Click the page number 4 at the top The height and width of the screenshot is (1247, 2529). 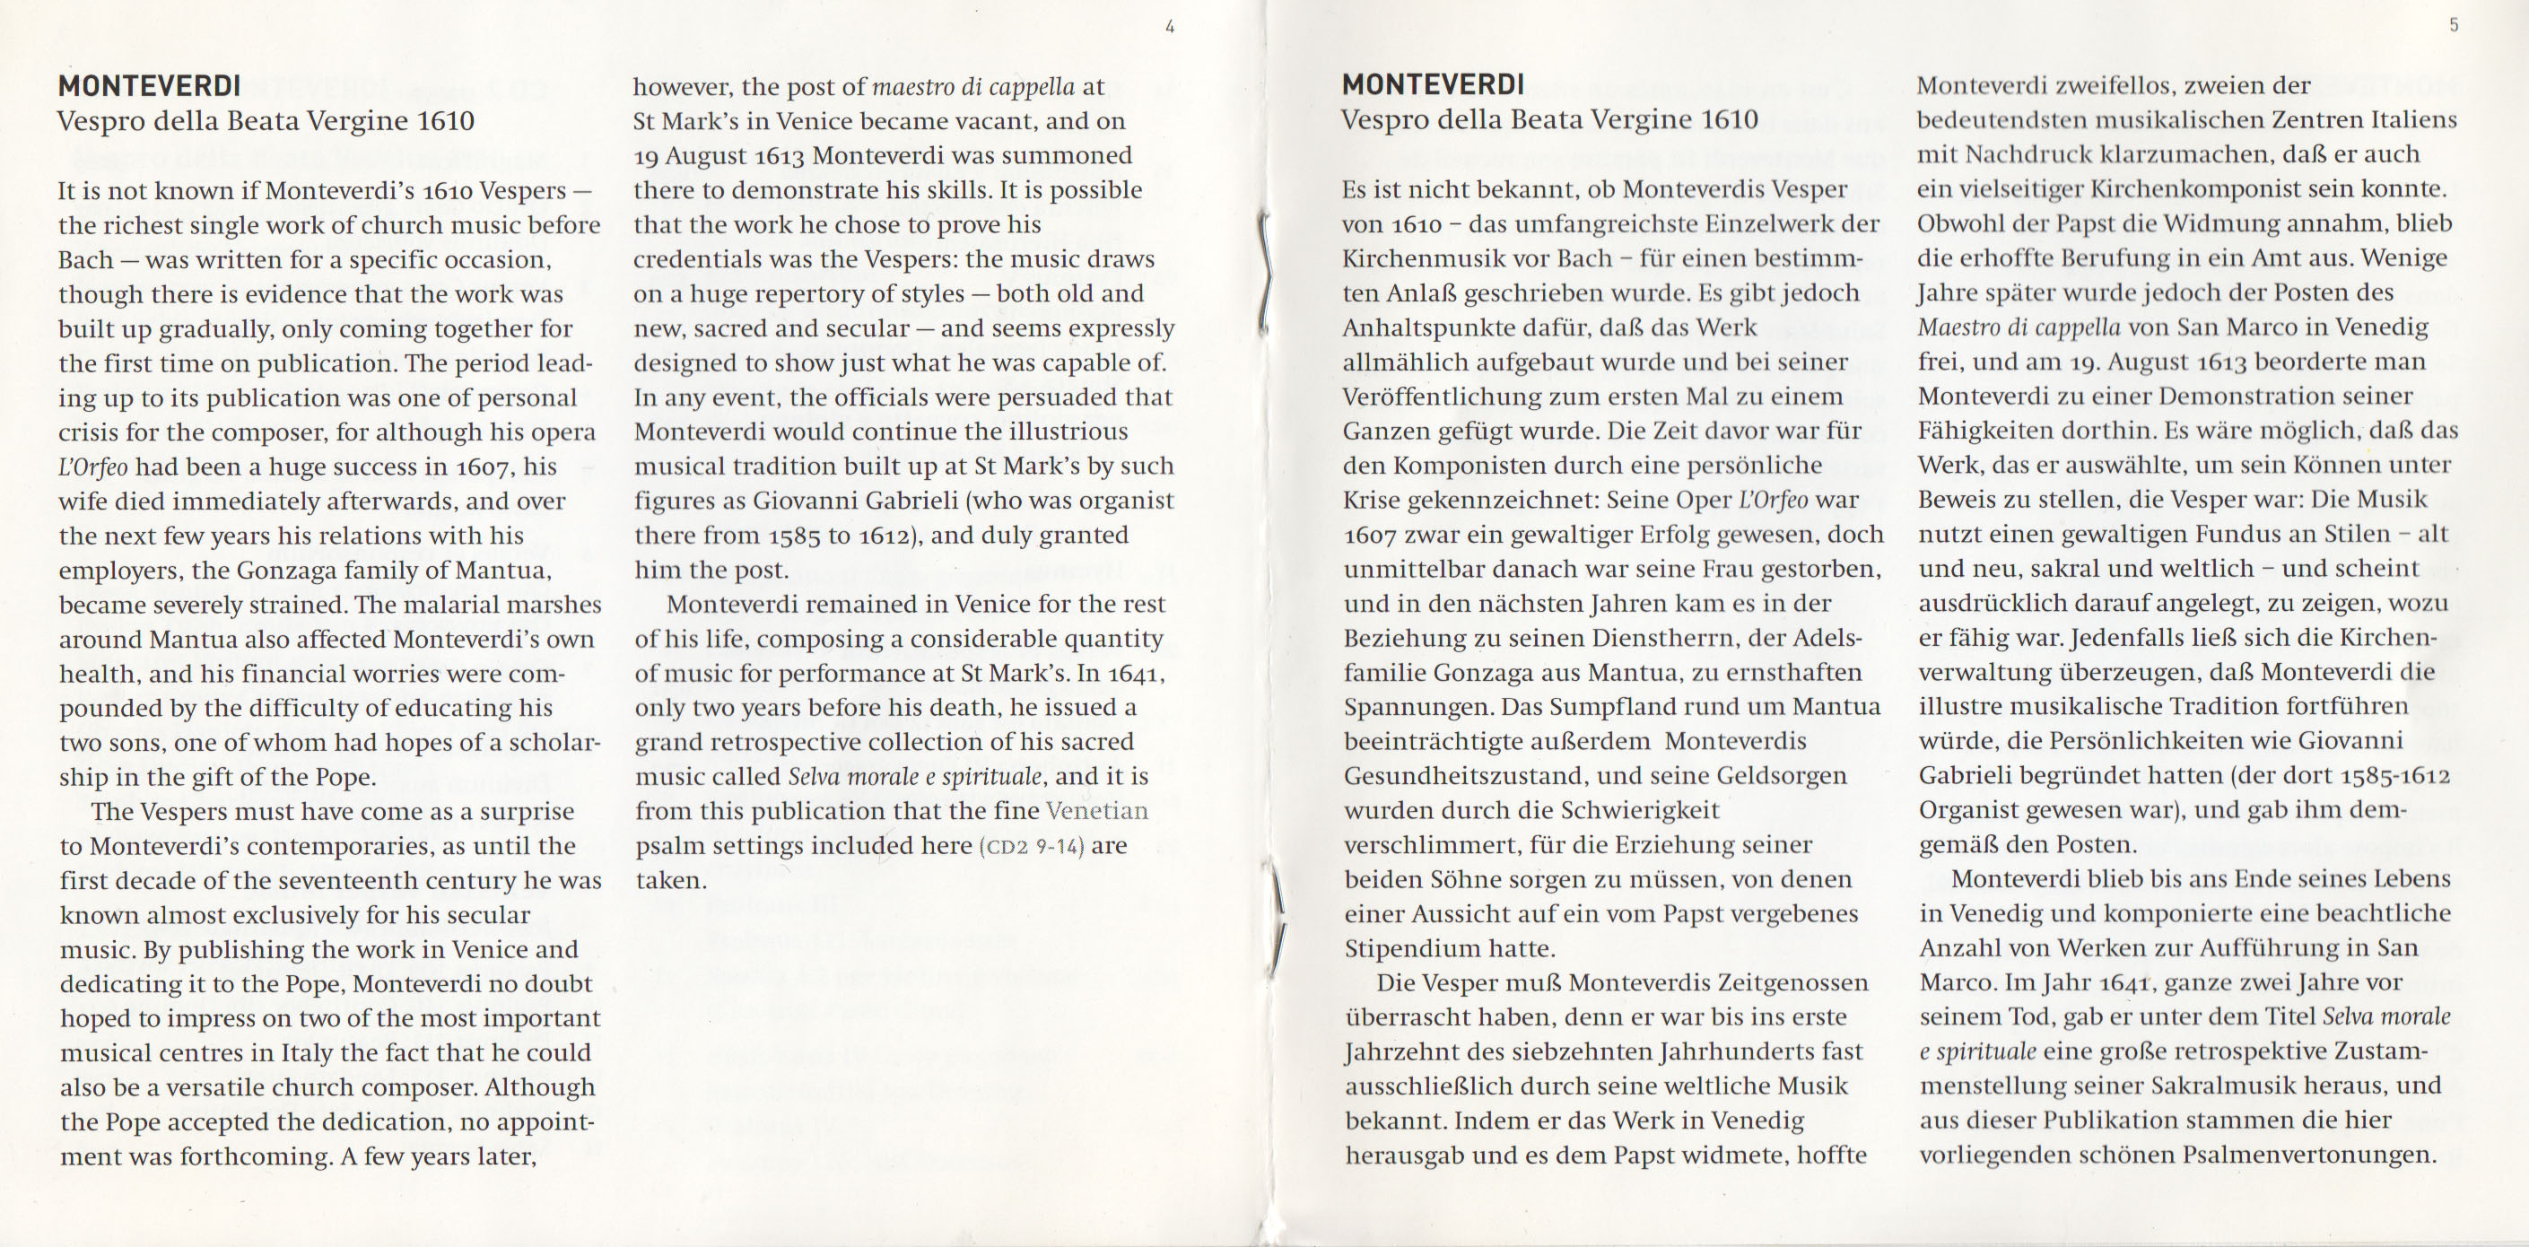pos(1169,28)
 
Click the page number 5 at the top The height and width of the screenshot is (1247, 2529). pos(2454,25)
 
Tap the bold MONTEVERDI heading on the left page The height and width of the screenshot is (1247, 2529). pos(149,86)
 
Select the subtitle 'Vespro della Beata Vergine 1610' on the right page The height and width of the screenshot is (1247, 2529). pos(1549,120)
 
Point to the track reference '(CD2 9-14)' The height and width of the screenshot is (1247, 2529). pos(1032,845)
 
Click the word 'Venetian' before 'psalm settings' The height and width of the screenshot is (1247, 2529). pos(1096,811)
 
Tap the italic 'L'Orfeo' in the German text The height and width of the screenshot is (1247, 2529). pos(1773,500)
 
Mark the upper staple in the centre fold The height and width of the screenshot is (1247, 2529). pos(1267,275)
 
